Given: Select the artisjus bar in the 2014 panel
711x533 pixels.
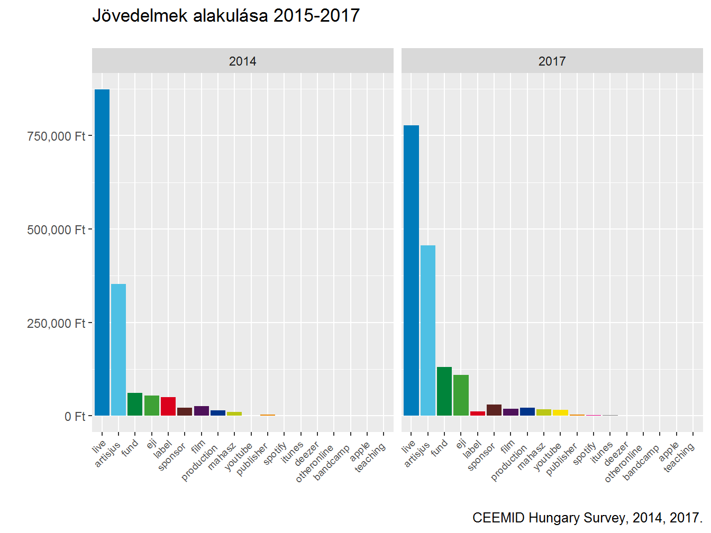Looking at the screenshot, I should tap(118, 350).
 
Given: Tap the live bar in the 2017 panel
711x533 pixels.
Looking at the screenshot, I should tap(411, 270).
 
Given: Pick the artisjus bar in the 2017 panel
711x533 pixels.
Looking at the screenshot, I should tap(428, 330).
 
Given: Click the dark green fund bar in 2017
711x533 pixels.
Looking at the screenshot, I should tap(444, 391).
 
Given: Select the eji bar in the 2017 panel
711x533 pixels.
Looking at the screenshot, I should tap(461, 395).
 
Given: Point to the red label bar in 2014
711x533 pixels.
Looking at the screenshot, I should tap(168, 406).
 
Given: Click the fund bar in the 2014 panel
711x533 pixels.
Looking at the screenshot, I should tap(135, 404).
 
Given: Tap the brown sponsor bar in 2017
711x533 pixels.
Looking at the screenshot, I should tap(494, 410).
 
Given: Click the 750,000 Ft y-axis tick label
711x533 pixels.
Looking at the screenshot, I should tap(56, 136).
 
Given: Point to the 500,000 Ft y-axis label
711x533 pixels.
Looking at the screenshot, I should tap(56, 230).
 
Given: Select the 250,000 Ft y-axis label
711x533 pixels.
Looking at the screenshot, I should tap(56, 324).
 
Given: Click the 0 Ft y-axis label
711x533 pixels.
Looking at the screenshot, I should tap(75, 417).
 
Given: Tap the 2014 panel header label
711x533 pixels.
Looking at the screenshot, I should tap(243, 61).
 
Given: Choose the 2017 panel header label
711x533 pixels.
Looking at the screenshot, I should tap(552, 61).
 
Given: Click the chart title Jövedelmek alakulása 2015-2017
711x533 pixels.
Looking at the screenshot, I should tap(226, 16).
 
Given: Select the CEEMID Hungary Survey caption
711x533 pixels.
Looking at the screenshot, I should tap(587, 518).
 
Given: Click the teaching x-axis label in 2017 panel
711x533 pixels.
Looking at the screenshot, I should tap(679, 457).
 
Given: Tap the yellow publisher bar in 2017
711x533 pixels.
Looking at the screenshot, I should tap(560, 412).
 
